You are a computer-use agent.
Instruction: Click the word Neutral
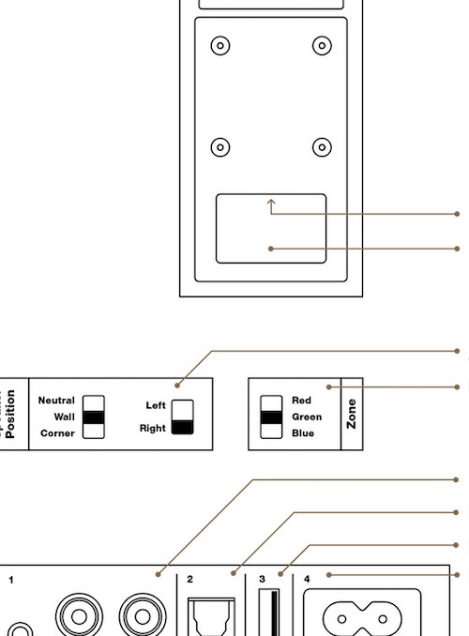(56, 401)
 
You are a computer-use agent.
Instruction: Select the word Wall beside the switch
(65, 417)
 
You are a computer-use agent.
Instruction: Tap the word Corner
(57, 433)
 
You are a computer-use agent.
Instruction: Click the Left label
(156, 405)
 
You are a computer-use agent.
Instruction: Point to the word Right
(153, 429)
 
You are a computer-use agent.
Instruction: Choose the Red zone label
(301, 401)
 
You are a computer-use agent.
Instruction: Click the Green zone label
(307, 417)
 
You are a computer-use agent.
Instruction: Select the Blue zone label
(303, 433)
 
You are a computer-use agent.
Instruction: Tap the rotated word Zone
(352, 414)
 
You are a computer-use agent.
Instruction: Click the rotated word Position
(10, 414)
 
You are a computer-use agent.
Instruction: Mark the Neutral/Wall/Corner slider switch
(94, 417)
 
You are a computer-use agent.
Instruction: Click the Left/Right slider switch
(183, 417)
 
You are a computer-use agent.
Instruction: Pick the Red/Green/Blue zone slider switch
(271, 417)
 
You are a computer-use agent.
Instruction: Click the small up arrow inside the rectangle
(271, 206)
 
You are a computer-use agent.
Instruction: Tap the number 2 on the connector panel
(189, 579)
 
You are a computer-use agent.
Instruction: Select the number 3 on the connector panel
(262, 579)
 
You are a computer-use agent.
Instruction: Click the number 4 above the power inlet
(307, 579)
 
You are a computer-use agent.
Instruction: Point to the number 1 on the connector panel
(11, 580)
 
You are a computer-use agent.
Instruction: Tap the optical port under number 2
(211, 616)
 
